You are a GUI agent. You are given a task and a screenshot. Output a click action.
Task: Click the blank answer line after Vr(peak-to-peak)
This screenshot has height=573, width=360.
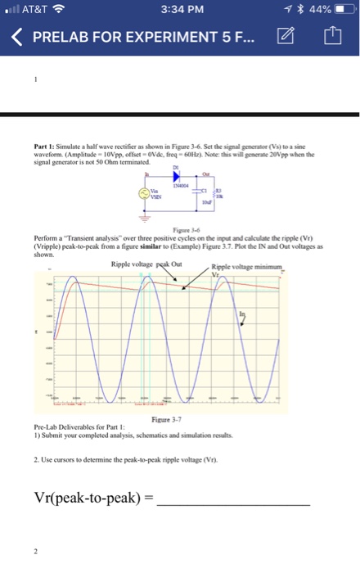[233, 499]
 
